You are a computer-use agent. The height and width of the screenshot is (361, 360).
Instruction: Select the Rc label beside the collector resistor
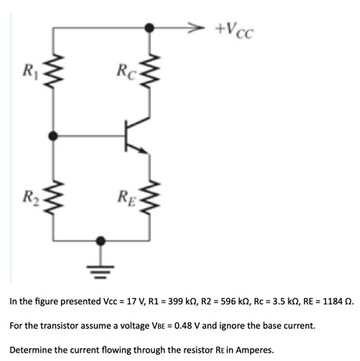(125, 74)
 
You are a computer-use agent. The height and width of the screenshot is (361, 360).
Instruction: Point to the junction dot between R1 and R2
(53, 137)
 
